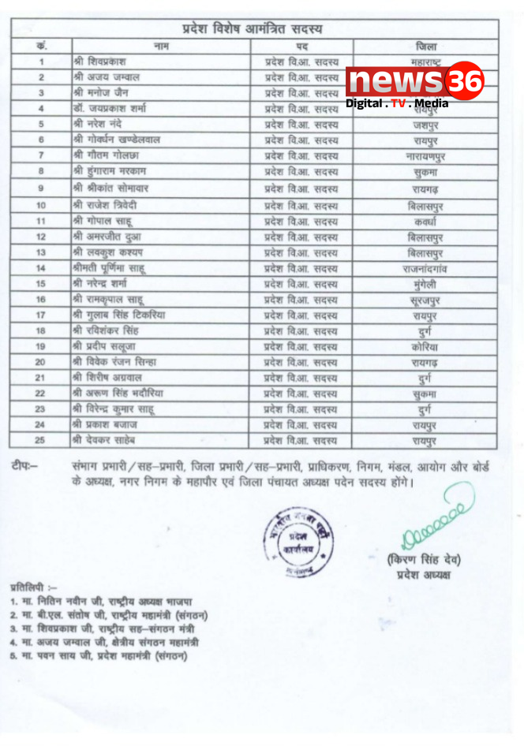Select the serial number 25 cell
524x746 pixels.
click(40, 439)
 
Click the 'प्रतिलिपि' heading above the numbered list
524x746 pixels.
click(33, 588)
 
